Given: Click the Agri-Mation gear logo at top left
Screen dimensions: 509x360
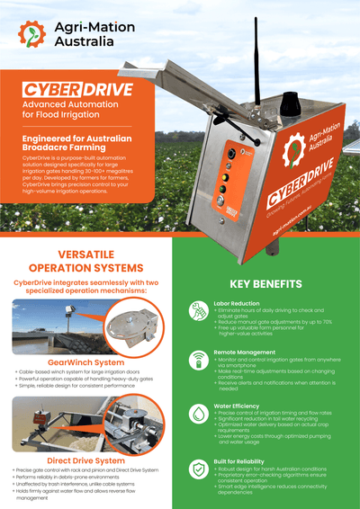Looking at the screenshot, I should coord(33,34).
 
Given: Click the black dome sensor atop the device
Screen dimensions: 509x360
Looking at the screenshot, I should coord(290,107).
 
